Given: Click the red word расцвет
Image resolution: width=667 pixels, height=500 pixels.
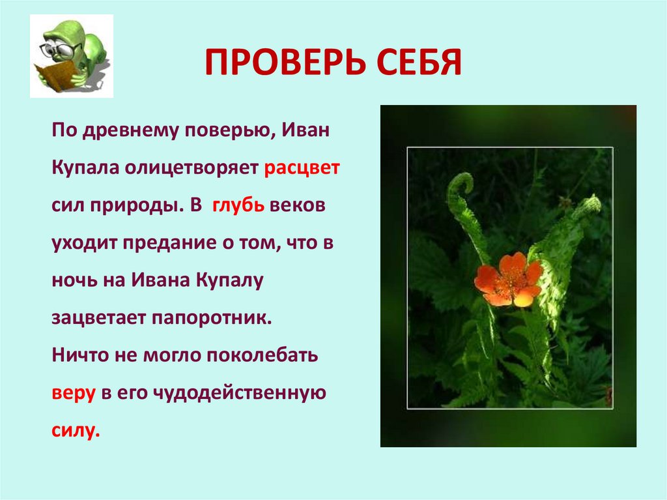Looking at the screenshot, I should click(302, 168).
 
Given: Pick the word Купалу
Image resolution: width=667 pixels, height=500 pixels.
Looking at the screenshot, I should click(228, 281).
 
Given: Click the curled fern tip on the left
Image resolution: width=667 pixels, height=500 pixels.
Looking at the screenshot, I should click(462, 184).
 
